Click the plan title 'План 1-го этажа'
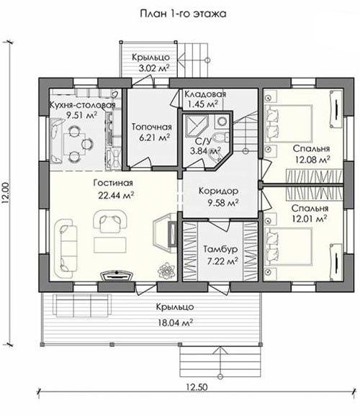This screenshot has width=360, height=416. tap(183, 14)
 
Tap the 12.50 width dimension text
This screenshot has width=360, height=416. tap(197, 387)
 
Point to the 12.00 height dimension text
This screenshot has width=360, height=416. tap(6, 192)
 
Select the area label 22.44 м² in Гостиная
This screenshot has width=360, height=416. tap(116, 195)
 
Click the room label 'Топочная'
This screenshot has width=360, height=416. tap(152, 127)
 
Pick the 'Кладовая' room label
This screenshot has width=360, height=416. tap(205, 94)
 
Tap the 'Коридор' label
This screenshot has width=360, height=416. tap(218, 191)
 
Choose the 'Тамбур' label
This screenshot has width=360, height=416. tap(220, 250)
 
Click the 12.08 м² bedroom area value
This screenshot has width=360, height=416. tap(312, 160)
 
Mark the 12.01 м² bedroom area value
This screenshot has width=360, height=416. tap(310, 219)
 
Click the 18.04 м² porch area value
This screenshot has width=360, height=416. tap(176, 323)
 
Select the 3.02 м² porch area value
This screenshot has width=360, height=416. tap(154, 68)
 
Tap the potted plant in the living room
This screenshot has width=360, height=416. tap(166, 271)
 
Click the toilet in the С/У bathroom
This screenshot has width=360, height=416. tap(221, 137)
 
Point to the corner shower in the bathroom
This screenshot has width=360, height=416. tap(196, 125)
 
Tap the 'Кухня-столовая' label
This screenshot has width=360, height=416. tap(82, 105)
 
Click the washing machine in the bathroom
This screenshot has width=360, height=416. tap(222, 122)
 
